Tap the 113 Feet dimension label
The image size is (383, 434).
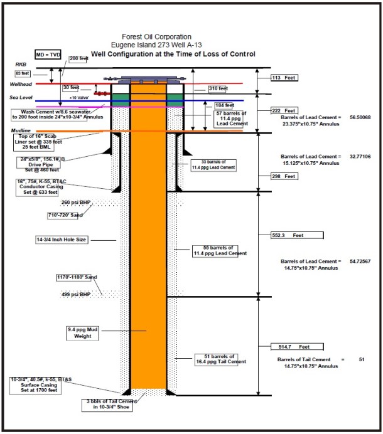282,78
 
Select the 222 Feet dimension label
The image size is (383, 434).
282,110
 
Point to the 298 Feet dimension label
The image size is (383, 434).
282,177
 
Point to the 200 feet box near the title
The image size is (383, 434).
78,58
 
